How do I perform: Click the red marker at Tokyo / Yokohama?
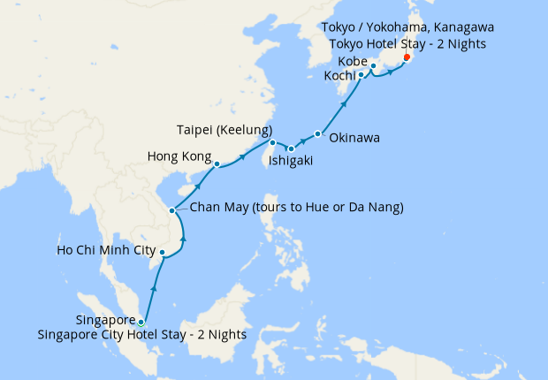coord(406,57)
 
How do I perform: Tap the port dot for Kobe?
coord(373,65)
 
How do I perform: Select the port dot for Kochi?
coord(362,76)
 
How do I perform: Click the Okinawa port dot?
coord(317,133)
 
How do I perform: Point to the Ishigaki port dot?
coord(291,148)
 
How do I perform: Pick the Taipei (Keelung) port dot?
coord(272,142)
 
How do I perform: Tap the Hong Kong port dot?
coord(217,163)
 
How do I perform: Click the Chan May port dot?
coord(171,209)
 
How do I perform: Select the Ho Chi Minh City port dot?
coord(162,253)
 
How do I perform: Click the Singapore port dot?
coord(141,322)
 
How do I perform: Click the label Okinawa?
coord(354,138)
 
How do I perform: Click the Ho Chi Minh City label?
coord(100,250)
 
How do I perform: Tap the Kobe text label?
coord(353,60)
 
